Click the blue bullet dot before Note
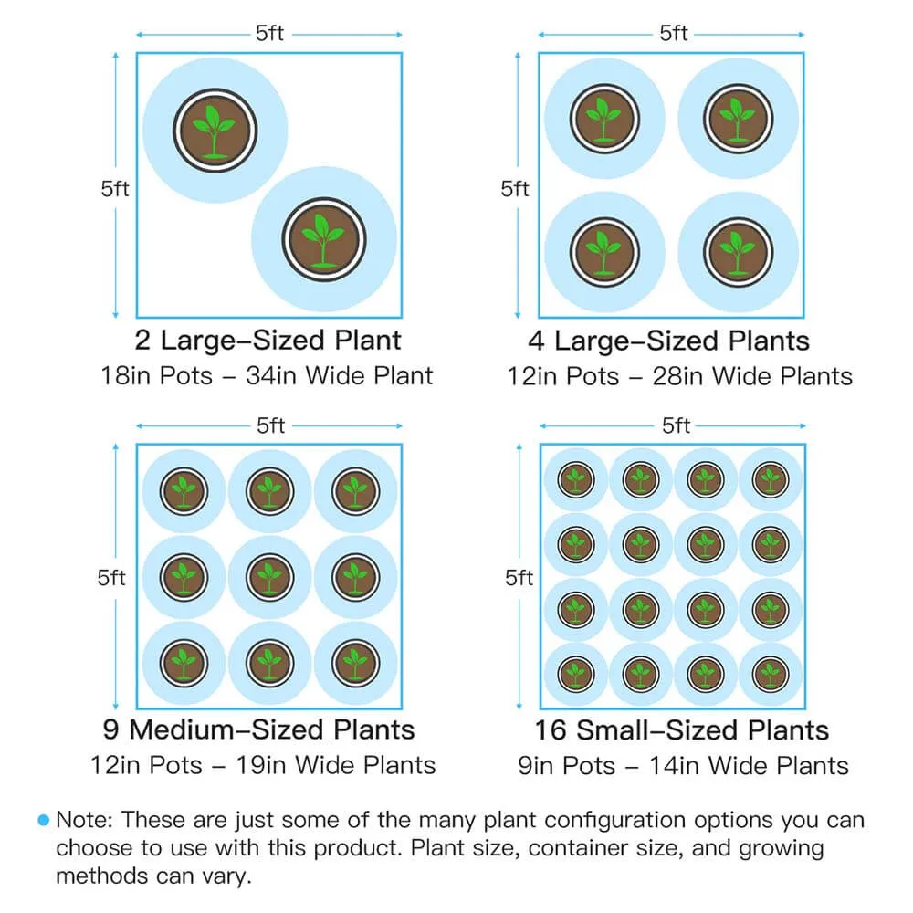[44, 820]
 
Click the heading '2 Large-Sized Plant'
[268, 340]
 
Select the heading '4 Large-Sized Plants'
[669, 341]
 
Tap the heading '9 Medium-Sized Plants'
[258, 729]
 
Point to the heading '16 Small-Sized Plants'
[682, 730]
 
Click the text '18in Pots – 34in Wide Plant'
[267, 375]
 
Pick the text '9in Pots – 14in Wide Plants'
[683, 766]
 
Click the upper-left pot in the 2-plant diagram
[215, 131]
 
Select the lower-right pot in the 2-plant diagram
[324, 240]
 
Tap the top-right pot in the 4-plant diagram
[739, 119]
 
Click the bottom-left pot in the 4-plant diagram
[604, 253]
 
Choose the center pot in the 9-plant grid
[269, 577]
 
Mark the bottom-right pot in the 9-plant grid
[356, 663]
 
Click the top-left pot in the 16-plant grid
[576, 480]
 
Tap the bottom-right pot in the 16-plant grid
[771, 675]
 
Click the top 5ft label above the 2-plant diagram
[269, 33]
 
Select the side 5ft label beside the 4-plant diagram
[515, 189]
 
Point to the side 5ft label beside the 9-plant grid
[111, 578]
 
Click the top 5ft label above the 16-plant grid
[676, 425]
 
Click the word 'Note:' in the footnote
[85, 820]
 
